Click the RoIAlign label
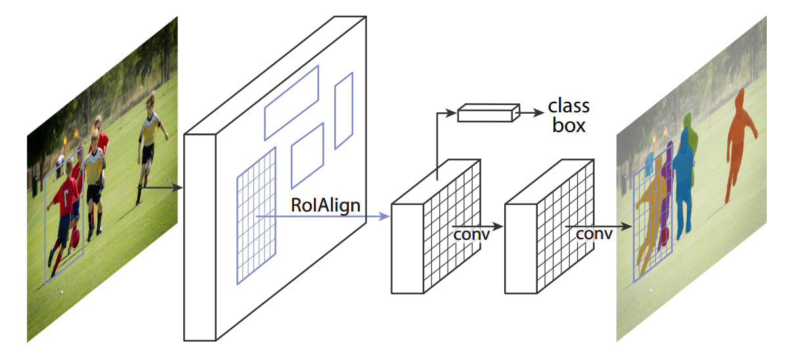[326, 205]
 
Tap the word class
[569, 106]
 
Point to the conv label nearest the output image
[594, 234]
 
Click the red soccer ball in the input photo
[75, 236]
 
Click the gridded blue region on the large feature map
[256, 217]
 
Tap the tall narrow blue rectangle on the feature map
[344, 110]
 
